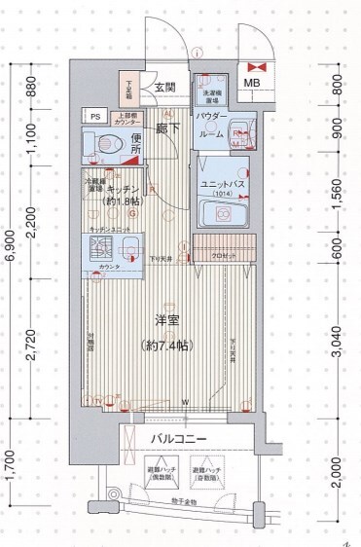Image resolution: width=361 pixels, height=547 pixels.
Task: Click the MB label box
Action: [x=251, y=83]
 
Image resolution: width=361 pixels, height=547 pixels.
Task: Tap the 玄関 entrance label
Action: [x=164, y=88]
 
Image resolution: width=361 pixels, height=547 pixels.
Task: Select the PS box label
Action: [x=95, y=116]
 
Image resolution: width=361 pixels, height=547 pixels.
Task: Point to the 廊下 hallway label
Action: [x=168, y=127]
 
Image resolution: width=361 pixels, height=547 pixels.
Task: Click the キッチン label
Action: [x=126, y=191]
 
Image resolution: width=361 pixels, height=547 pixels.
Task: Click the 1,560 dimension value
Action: [x=337, y=187]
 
